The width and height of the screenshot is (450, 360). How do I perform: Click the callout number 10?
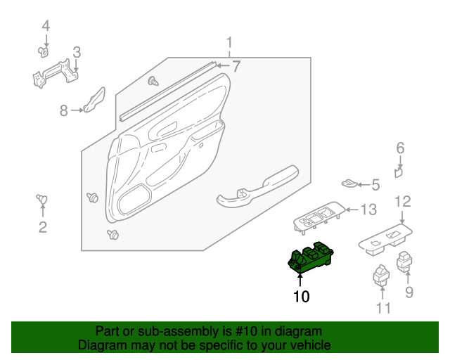(301, 297)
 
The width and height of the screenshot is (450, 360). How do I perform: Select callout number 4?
(46, 27)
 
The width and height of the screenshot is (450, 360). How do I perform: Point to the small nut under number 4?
(44, 51)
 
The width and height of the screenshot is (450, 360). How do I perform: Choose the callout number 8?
(63, 110)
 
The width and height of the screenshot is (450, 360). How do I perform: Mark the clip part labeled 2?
(42, 201)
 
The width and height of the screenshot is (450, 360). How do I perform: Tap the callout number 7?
(236, 67)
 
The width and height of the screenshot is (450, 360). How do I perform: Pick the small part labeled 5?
(349, 184)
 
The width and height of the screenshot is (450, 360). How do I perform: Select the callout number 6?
(400, 148)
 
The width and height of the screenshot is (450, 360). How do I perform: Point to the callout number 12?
(401, 202)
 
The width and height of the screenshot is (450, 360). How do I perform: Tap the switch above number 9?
(406, 262)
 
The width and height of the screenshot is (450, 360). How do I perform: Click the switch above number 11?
(381, 274)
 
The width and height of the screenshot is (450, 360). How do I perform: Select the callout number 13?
(369, 210)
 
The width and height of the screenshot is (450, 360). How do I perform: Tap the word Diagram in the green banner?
(102, 345)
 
